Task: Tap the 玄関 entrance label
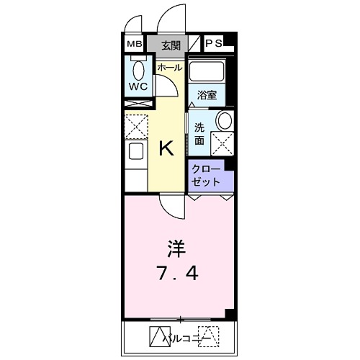pyautogui.click(x=171, y=45)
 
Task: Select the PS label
pyautogui.click(x=214, y=44)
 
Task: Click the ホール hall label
pyautogui.click(x=170, y=67)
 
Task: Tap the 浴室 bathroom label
pyautogui.click(x=207, y=94)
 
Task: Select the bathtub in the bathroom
pyautogui.click(x=207, y=72)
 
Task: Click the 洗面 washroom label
pyautogui.click(x=199, y=133)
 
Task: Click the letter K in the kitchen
pyautogui.click(x=166, y=149)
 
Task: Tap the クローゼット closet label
pyautogui.click(x=207, y=175)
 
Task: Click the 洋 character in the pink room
pyautogui.click(x=177, y=251)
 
